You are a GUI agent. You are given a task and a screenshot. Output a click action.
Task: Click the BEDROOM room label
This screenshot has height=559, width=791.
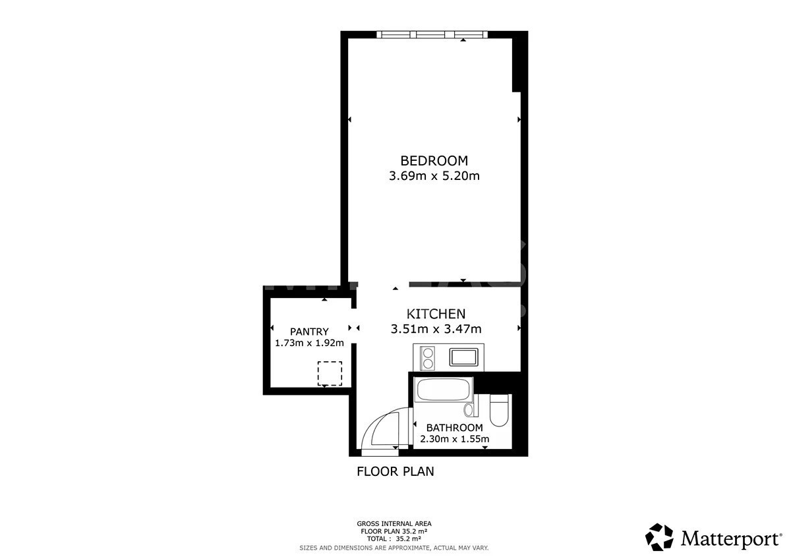point(434,161)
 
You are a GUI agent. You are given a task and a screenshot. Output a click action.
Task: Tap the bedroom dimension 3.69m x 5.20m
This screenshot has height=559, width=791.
point(434,176)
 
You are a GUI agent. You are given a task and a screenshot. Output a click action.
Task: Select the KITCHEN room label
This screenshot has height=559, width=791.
point(436,314)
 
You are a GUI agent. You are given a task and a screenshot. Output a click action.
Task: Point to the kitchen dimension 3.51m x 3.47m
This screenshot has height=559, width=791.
point(436,329)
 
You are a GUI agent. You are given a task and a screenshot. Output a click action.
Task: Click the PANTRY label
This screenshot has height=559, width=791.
point(309,332)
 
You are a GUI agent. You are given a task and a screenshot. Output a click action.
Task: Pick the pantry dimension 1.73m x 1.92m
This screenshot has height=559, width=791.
point(309,343)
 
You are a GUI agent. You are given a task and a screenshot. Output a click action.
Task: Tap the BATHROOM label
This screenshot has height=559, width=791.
point(454,428)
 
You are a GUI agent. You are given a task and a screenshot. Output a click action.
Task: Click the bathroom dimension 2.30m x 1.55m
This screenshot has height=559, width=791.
point(454,439)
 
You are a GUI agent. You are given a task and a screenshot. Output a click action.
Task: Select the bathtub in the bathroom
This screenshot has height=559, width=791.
point(444,390)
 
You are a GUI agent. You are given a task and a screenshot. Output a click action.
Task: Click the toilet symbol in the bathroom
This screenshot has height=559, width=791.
point(499,410)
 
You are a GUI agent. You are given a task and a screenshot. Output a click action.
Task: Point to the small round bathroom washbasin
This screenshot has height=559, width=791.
point(469,409)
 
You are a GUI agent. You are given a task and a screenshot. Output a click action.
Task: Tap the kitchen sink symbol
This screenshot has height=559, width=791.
point(463,357)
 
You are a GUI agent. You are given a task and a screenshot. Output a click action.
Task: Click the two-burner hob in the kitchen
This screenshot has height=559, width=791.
point(428,358)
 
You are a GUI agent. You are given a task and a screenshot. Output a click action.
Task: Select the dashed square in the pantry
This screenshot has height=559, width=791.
point(330,373)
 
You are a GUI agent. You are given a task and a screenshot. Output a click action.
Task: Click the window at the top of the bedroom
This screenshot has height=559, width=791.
point(432,34)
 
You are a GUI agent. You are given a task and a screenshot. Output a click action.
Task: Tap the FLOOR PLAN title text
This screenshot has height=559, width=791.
point(395,471)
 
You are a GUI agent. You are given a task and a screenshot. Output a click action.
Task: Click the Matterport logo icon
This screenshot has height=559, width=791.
point(659,538)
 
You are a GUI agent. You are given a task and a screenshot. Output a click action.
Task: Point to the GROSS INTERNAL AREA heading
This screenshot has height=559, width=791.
point(394,523)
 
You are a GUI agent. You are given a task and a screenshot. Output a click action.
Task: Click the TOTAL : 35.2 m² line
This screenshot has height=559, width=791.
point(394,539)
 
